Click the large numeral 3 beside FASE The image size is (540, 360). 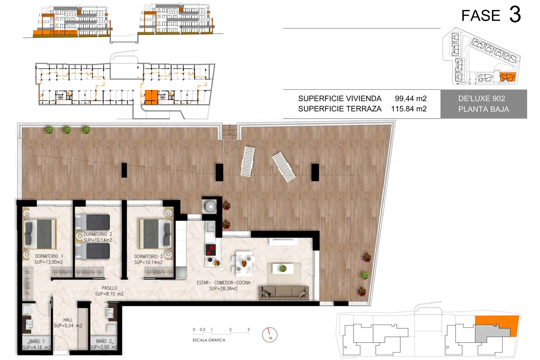(x=515, y=15)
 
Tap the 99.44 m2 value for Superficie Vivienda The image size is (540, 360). (x=411, y=98)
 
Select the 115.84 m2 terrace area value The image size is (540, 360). (x=409, y=109)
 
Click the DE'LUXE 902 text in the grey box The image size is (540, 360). (x=481, y=98)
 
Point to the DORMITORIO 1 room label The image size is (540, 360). (x=49, y=256)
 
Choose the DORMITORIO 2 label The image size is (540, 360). (x=98, y=234)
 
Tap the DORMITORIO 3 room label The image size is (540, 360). (x=148, y=256)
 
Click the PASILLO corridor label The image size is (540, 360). (x=109, y=288)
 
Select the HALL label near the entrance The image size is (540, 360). (x=68, y=320)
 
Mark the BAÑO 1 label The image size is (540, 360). (x=37, y=341)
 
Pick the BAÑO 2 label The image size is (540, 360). (x=104, y=341)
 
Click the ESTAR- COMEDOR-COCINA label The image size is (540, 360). (x=223, y=283)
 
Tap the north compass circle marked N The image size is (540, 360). (x=270, y=335)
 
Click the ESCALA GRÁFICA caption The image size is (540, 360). (x=209, y=340)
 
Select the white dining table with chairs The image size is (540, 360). (x=244, y=264)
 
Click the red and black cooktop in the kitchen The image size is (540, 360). (x=211, y=249)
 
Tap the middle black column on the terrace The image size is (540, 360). (x=219, y=172)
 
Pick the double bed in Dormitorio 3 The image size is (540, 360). (x=155, y=234)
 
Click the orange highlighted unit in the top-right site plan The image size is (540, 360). (x=507, y=77)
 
